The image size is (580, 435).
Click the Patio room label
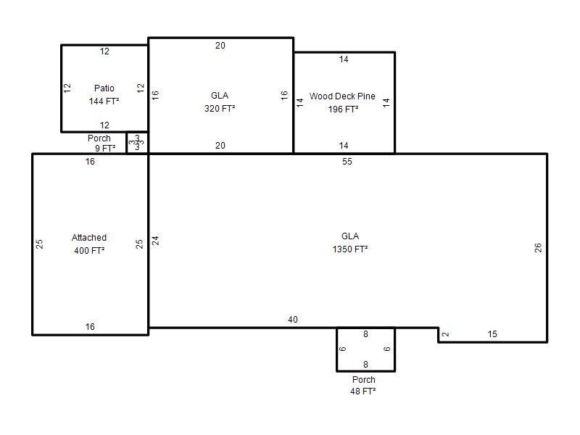point(104,88)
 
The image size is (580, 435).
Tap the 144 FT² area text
point(104,101)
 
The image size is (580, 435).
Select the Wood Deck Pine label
point(342,96)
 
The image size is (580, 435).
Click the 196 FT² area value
point(343,109)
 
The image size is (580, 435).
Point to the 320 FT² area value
point(220,108)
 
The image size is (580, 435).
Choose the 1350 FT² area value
point(350,249)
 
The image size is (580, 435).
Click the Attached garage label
point(89,238)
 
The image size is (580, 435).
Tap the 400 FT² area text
point(89,250)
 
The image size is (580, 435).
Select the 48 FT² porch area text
point(363,391)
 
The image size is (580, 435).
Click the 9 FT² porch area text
point(105,149)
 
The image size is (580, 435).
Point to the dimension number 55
point(347,161)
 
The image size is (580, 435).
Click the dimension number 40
point(293,319)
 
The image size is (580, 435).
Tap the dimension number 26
point(538,247)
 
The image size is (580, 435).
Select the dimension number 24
point(156,241)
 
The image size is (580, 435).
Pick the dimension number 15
point(492,334)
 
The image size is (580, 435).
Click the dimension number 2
point(446,334)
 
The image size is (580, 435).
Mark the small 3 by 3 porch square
point(137,142)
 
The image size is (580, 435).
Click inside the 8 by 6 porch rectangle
point(365,349)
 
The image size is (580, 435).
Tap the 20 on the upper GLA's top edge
point(220,46)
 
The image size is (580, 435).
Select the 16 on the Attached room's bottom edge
point(90,327)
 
